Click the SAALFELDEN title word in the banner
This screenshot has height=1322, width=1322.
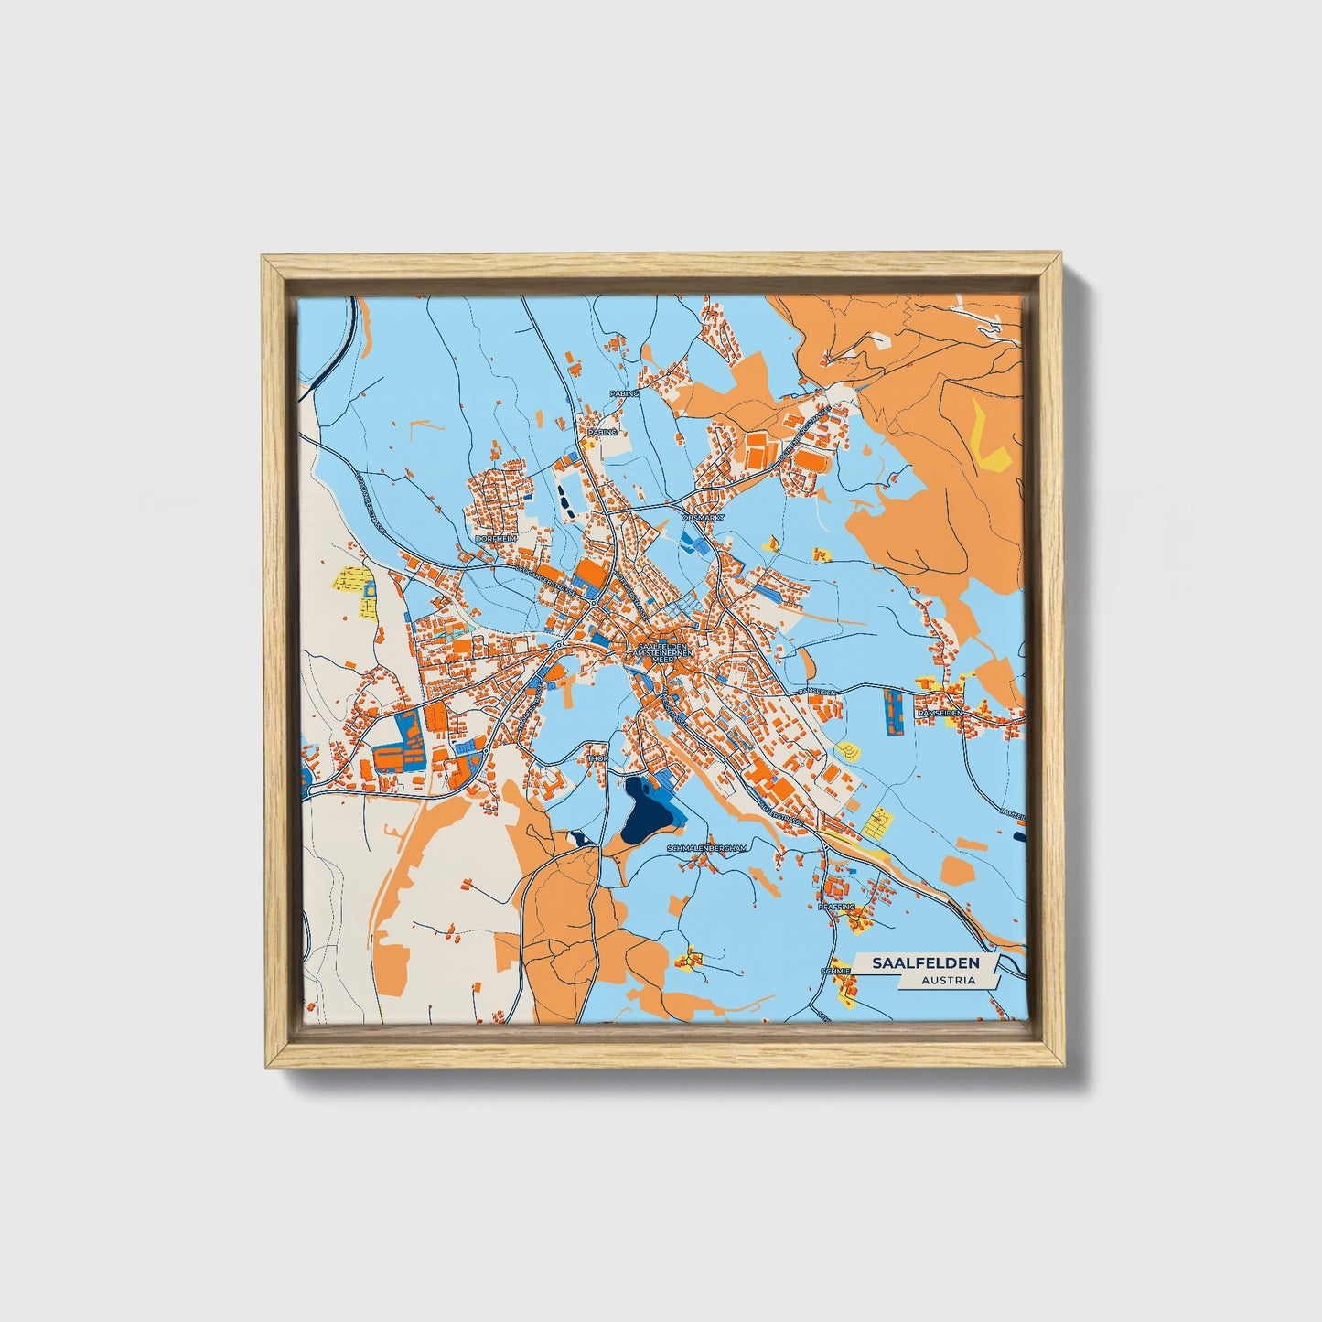926,963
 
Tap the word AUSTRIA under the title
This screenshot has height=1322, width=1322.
948,980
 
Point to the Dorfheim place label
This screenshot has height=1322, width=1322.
496,540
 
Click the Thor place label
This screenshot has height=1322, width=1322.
598,758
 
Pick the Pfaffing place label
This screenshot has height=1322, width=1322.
836,907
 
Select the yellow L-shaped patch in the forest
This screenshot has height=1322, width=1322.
989,439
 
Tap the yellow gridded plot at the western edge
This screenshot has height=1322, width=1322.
354,581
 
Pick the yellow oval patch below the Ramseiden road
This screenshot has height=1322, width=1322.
850,750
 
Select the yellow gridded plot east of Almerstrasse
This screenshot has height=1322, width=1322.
877,822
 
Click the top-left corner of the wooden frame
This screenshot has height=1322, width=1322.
263,258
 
